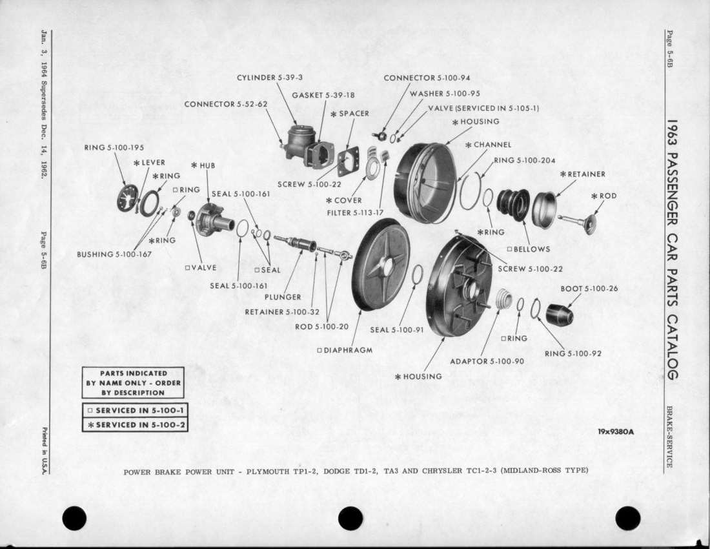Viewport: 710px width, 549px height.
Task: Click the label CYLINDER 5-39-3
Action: click(269, 78)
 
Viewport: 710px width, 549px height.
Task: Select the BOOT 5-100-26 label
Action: click(589, 289)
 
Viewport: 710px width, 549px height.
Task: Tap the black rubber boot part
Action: click(559, 314)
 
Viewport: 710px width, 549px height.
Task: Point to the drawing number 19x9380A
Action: click(616, 432)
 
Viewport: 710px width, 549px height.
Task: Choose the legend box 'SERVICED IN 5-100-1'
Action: click(135, 410)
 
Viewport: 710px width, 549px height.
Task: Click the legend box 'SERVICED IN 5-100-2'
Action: click(135, 425)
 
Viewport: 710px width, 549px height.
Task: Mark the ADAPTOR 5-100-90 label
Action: click(487, 361)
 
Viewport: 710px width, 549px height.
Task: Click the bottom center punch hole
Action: click(350, 518)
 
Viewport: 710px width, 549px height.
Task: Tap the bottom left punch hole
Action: click(74, 518)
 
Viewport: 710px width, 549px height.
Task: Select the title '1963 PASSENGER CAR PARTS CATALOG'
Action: click(672, 249)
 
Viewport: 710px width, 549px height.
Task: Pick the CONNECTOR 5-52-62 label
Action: click(225, 104)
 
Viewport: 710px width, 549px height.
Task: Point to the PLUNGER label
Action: click(283, 297)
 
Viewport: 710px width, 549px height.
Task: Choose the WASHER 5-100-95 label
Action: click(445, 94)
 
